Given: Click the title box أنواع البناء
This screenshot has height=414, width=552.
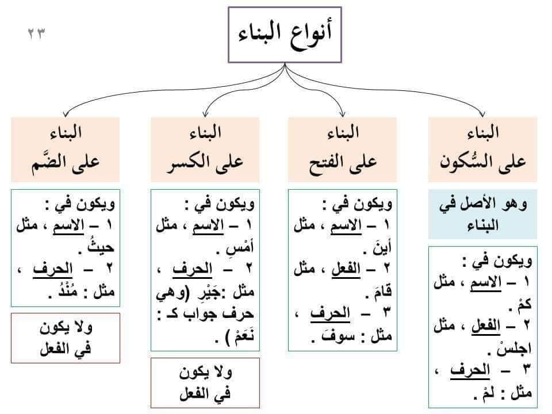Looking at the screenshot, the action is [285, 35].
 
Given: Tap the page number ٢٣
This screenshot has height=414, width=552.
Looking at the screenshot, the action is [37, 34].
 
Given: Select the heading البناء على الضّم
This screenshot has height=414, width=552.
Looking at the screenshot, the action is [66, 149].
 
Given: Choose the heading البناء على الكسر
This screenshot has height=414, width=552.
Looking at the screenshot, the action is [205, 149].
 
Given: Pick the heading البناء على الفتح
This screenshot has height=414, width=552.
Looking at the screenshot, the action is [343, 149].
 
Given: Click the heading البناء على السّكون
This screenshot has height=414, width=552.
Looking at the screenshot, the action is [482, 149].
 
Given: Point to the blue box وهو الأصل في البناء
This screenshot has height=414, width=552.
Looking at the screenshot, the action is [482, 214].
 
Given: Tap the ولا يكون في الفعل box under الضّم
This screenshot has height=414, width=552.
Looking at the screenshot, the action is [66, 338].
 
